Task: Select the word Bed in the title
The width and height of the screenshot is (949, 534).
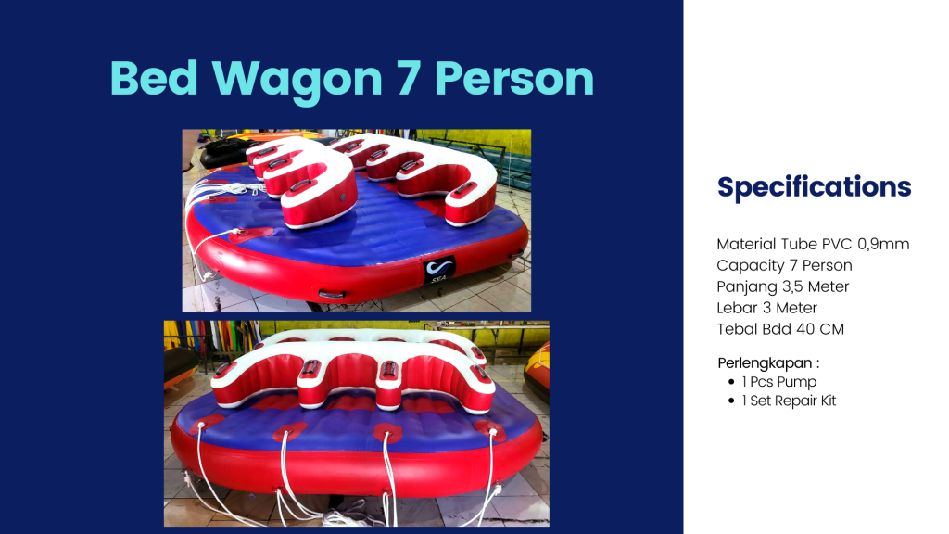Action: pos(155,78)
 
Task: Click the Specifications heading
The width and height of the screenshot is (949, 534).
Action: pos(814,187)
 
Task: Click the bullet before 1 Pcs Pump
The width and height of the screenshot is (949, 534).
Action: pos(731,381)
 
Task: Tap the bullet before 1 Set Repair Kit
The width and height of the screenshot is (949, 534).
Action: pos(731,400)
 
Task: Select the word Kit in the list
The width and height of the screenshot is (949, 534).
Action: pos(828,400)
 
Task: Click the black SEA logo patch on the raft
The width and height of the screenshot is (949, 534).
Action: pos(438,270)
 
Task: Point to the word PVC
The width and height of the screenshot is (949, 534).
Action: pos(837,244)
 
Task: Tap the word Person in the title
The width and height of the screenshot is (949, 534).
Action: pos(514,78)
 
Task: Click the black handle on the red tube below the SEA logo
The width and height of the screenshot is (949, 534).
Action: pos(332,295)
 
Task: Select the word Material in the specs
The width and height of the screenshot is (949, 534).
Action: pos(746,244)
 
